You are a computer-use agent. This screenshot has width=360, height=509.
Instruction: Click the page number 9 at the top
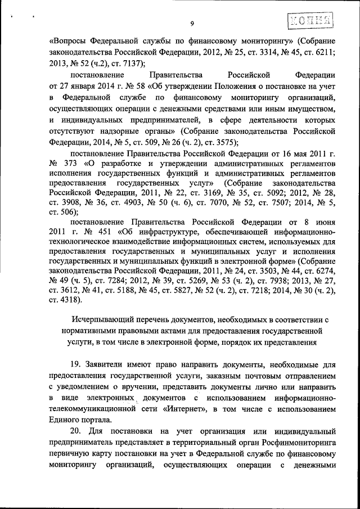coord(192,23)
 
